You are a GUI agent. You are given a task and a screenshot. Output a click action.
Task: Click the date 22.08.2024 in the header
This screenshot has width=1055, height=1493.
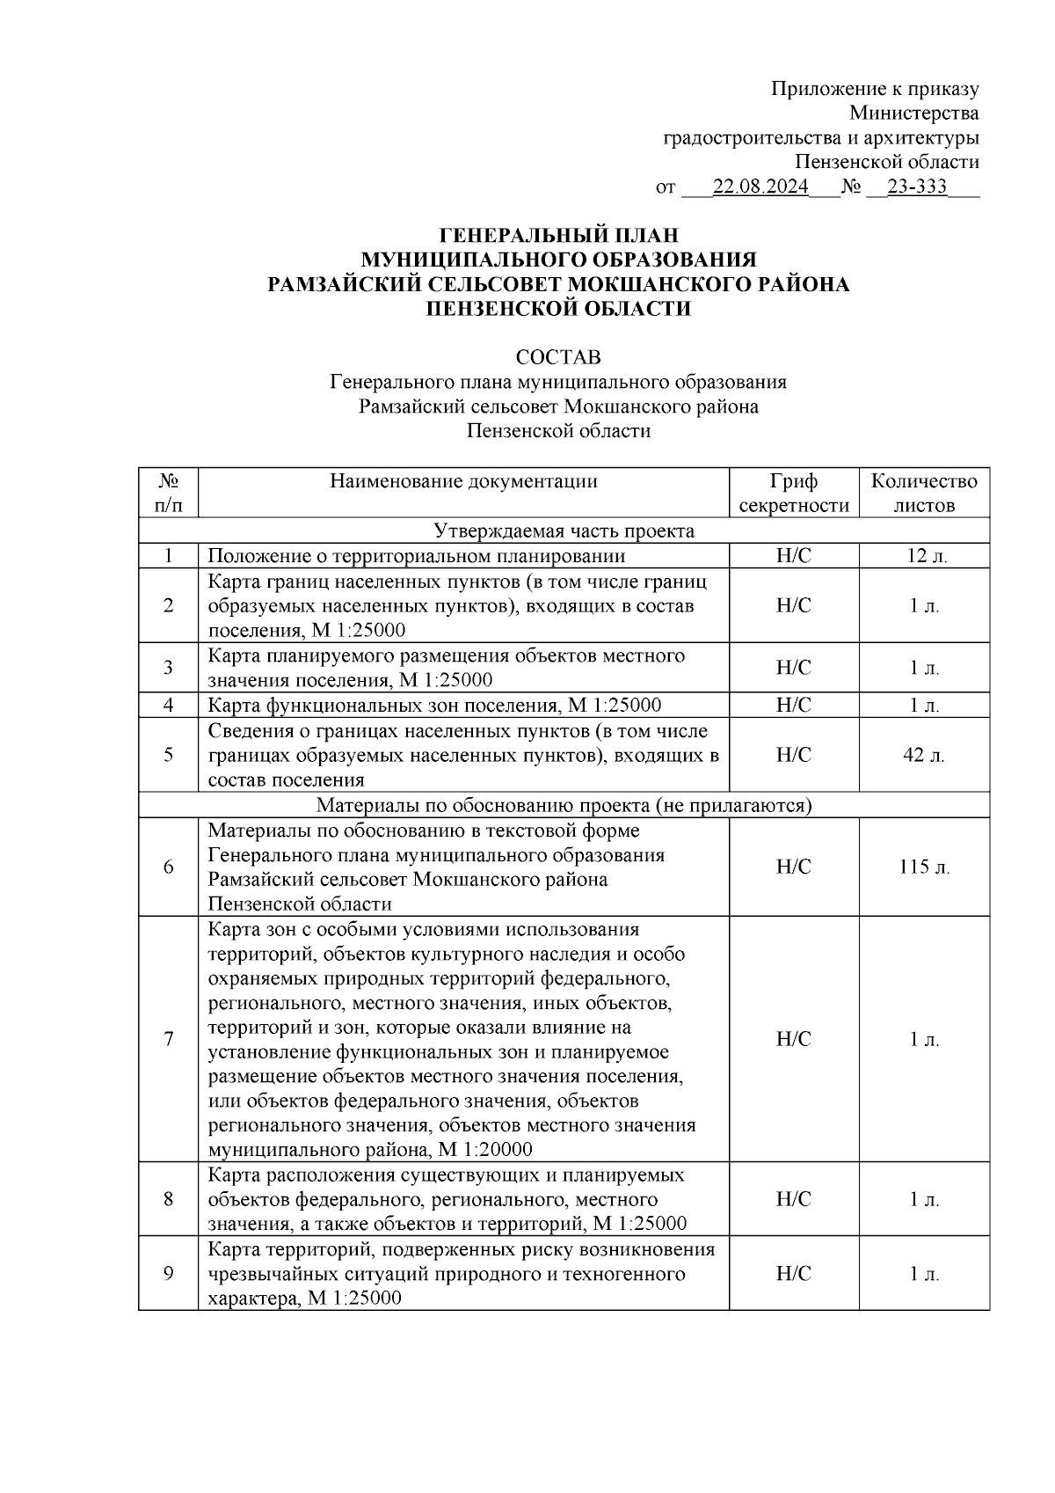click(x=760, y=187)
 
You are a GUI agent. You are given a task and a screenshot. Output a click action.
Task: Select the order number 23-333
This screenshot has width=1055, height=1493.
click(x=917, y=187)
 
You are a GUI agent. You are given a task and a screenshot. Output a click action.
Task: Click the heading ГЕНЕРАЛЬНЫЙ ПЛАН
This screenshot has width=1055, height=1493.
click(x=558, y=235)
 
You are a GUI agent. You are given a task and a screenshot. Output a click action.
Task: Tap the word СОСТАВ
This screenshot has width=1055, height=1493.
click(x=558, y=357)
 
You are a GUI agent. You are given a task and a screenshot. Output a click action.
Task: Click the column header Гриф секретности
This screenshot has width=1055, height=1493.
click(x=793, y=493)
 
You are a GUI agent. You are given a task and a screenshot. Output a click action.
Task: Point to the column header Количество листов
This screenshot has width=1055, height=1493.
click(x=924, y=493)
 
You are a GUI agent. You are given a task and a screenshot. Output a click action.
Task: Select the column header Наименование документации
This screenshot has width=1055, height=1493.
click(x=463, y=481)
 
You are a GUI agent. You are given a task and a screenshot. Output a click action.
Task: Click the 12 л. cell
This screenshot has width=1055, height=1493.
click(x=924, y=555)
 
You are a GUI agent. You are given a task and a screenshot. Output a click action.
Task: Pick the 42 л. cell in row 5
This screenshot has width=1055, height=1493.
click(x=924, y=755)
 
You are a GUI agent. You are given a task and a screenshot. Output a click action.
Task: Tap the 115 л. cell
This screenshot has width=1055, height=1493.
click(x=924, y=867)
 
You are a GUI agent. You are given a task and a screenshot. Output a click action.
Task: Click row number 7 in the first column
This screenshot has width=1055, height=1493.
click(x=168, y=1039)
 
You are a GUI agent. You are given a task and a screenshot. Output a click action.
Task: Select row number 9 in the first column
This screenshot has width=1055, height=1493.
click(x=168, y=1274)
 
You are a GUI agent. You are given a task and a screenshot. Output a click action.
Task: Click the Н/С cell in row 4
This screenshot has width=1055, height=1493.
click(x=793, y=706)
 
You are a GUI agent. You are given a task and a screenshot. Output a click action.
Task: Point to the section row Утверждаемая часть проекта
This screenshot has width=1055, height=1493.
click(x=564, y=531)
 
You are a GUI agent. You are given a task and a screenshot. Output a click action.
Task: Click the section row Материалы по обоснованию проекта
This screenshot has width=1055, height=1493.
click(x=564, y=805)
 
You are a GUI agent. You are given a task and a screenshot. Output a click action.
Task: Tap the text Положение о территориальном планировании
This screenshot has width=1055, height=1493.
click(x=416, y=555)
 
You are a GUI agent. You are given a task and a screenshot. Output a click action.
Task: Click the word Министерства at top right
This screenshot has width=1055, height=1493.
click(x=913, y=113)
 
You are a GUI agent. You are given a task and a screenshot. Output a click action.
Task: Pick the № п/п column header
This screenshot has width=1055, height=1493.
click(x=168, y=493)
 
